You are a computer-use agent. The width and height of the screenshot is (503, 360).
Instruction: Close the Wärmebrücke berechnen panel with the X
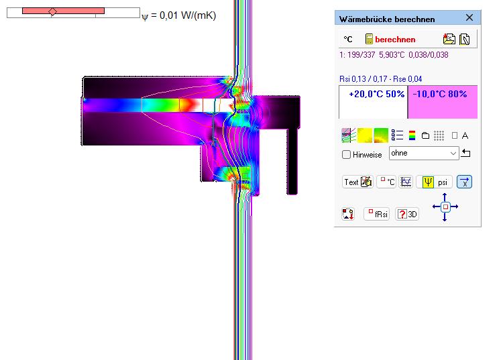469,17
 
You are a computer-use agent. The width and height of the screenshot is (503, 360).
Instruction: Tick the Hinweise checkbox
346,154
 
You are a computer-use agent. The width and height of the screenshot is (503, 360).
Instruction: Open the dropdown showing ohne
424,154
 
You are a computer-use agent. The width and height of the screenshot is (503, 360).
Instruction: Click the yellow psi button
434,182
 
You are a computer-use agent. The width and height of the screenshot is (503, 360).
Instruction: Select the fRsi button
377,214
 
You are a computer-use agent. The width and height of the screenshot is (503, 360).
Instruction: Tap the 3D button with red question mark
407,214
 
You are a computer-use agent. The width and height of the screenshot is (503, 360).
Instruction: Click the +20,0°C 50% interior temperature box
373,102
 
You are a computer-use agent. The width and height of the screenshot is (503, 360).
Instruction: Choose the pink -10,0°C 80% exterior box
443,102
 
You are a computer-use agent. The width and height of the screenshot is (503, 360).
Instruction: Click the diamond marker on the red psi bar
52,12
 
